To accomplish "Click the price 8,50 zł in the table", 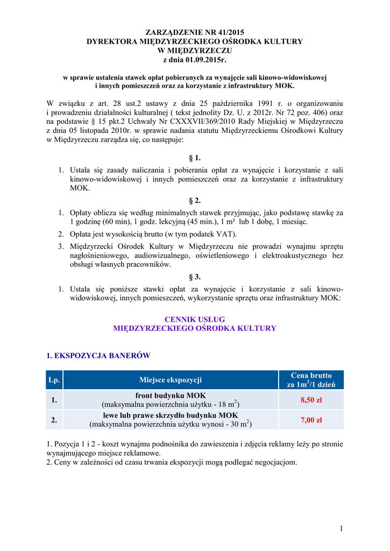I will pos(311,400).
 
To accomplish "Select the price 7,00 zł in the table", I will pos(311,420).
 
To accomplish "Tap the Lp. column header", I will pos(54,380).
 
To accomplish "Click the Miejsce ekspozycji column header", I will pos(171,380).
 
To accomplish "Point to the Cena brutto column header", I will pos(311,380).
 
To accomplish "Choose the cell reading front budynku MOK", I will pos(171,395).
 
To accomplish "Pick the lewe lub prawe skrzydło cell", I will pos(171,415).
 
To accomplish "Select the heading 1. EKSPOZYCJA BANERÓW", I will pos(98,356).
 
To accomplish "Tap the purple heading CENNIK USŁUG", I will pos(195,320).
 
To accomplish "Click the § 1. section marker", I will pos(195,158).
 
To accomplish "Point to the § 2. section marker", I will pos(195,201).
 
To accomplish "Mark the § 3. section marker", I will pos(195,277).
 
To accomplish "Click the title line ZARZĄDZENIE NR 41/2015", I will pos(195,33).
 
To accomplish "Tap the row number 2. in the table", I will pos(54,420).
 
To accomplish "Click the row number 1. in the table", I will pos(54,400).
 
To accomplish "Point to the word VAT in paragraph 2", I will pos(225,234).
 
